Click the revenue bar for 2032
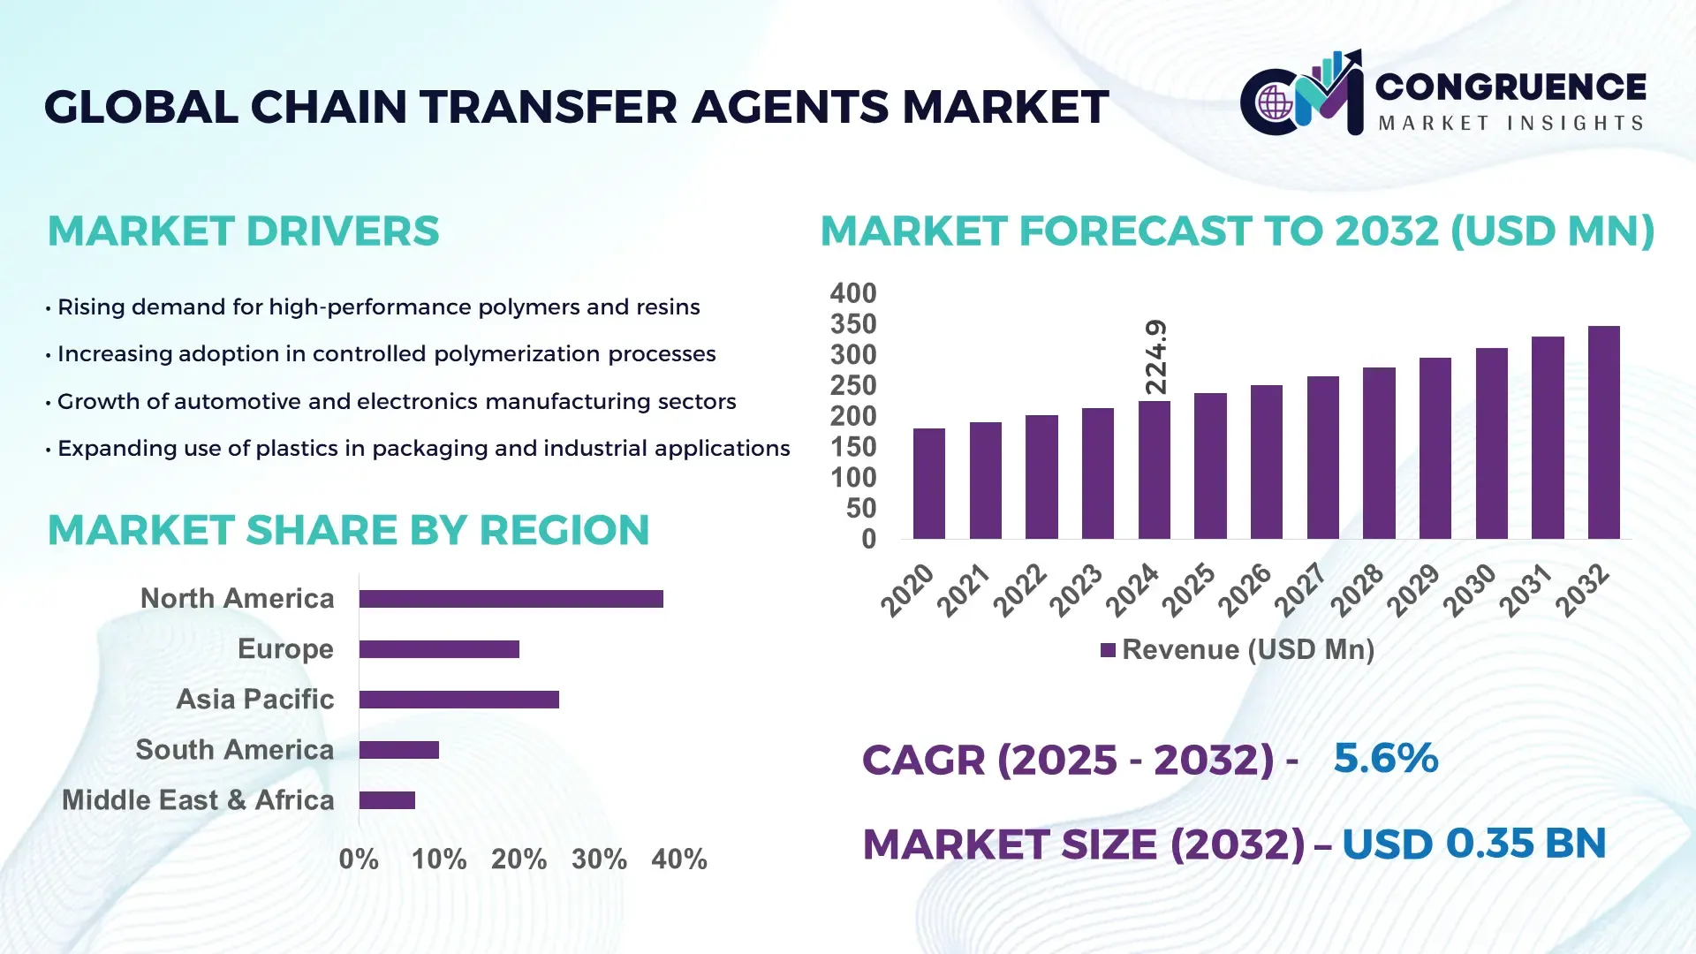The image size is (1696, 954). coord(1603,433)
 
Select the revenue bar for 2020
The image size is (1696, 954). coord(928,483)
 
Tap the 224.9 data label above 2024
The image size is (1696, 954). coord(1155,357)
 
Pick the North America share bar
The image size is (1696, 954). coord(511,599)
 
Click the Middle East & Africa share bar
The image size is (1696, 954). coord(387,800)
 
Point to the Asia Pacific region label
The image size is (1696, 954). coord(254,699)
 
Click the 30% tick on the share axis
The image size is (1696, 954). coord(599,859)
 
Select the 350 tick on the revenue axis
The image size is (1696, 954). coord(852,324)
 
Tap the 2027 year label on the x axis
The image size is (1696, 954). coord(1299,589)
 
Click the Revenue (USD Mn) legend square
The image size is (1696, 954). coord(1108,650)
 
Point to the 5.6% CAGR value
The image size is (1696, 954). coord(1385,758)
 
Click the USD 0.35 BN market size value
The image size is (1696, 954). coord(1473,844)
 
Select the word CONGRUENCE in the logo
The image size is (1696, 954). coord(1510,87)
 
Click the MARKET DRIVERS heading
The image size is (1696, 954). coord(243,231)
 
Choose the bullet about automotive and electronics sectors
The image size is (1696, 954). coord(396,401)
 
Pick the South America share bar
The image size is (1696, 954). coord(398,750)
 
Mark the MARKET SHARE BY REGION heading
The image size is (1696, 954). coord(348,530)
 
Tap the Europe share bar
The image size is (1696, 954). coord(439,649)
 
